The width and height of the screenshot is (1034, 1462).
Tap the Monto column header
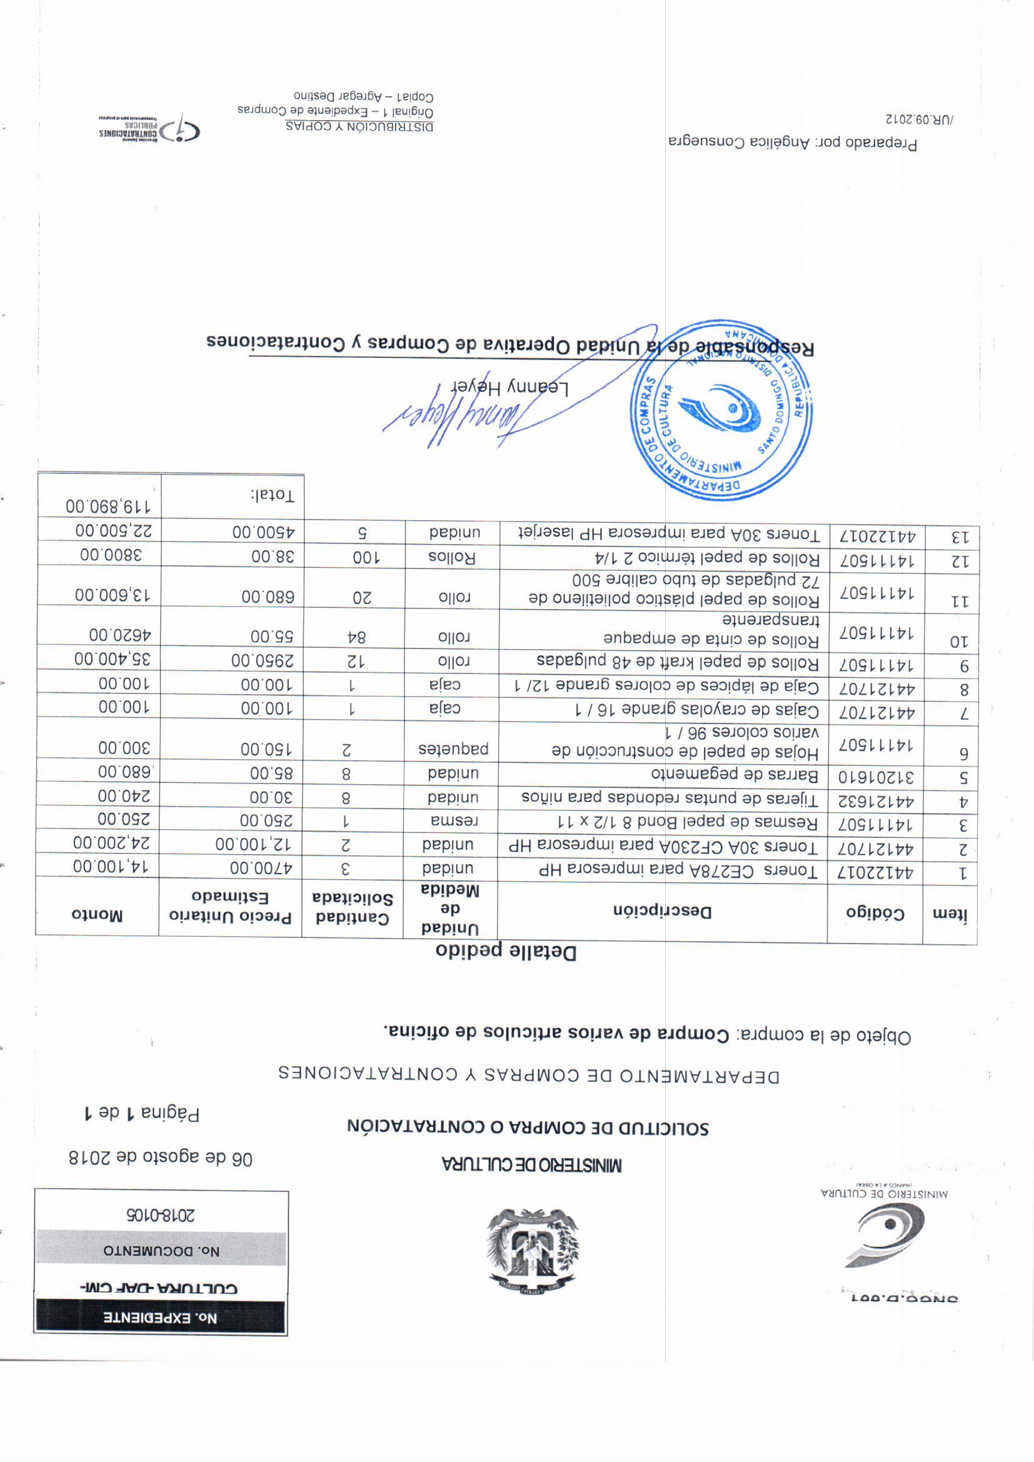97,915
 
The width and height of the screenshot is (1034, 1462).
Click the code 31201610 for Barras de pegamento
875,777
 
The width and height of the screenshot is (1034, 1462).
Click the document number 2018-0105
161,1215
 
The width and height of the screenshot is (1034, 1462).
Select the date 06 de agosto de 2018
161,1158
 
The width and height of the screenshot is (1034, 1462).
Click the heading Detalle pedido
506,952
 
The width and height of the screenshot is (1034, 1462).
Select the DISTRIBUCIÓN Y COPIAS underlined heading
359,126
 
